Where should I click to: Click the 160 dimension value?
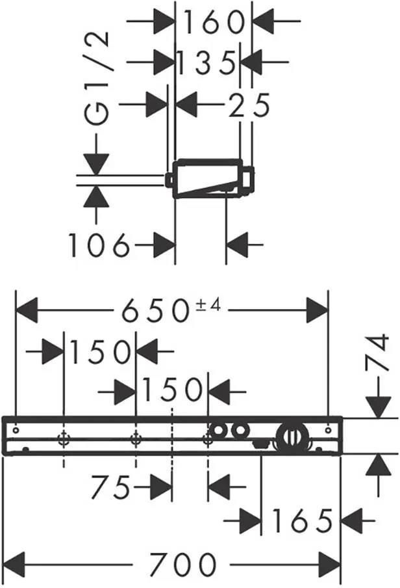click(x=214, y=22)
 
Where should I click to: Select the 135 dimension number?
click(x=206, y=62)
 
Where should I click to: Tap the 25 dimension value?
click(x=249, y=105)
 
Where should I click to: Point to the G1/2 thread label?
click(x=97, y=78)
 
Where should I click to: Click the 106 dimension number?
click(x=99, y=245)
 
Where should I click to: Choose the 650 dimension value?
click(x=155, y=310)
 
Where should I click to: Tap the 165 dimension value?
click(x=302, y=520)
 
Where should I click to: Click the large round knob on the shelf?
click(x=293, y=437)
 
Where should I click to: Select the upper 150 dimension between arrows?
click(x=99, y=352)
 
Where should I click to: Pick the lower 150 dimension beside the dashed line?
click(x=172, y=390)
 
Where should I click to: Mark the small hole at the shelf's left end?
click(x=16, y=430)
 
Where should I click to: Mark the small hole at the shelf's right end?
click(x=329, y=430)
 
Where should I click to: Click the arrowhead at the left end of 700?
click(x=15, y=564)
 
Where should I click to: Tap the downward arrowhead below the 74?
click(x=379, y=408)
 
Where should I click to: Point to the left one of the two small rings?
click(x=216, y=431)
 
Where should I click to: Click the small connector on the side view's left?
click(x=169, y=180)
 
